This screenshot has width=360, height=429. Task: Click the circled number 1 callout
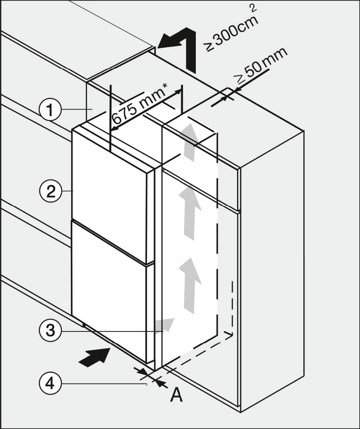pos(50,110)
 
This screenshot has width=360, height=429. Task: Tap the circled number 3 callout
pos(50,331)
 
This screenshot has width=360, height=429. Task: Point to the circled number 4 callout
pos(50,384)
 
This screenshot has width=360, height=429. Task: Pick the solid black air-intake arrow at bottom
pos(95,357)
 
